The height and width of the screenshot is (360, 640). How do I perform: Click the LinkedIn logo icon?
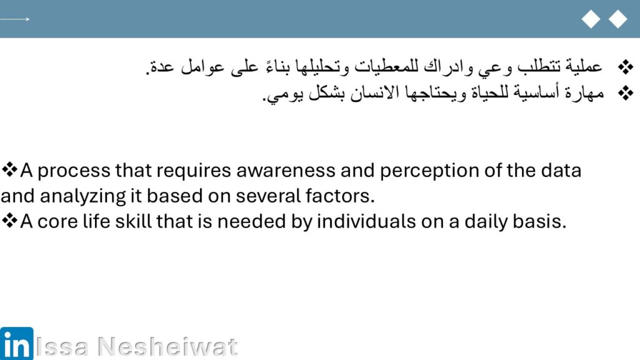point(17,343)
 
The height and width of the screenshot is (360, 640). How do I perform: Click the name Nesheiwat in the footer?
point(167,347)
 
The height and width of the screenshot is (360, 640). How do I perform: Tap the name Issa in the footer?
point(62,347)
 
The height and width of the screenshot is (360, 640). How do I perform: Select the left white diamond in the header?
point(591,19)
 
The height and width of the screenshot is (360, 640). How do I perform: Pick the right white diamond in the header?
point(618,19)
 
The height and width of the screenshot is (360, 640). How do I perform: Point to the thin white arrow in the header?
point(15,19)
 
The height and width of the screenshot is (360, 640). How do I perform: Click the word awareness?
point(286,171)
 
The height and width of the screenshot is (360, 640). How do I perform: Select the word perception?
point(429,171)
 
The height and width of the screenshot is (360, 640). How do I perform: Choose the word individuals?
point(366,221)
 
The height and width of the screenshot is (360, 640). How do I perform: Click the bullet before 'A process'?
point(9,169)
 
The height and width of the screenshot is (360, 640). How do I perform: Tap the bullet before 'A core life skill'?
point(9,221)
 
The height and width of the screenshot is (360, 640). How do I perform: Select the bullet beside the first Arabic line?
point(625,67)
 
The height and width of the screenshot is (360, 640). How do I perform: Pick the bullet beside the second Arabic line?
point(625,94)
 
